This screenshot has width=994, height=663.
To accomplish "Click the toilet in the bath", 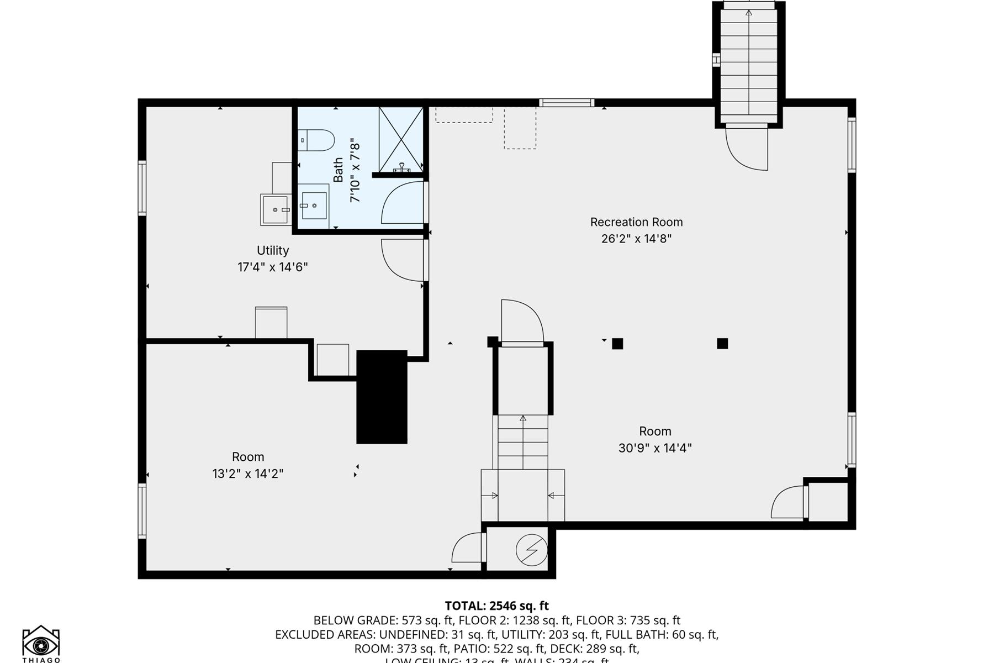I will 316,140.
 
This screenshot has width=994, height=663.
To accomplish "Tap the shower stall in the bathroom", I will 401,139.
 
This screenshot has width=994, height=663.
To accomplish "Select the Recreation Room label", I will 636,222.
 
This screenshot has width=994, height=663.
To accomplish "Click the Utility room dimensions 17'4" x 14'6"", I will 272,267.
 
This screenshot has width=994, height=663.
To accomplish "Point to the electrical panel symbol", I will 531,550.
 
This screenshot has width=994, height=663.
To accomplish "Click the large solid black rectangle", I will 382,397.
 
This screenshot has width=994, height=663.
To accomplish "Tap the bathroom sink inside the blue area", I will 314,206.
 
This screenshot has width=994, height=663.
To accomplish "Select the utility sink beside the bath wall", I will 275,210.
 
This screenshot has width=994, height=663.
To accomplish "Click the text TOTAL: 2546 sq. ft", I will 496,606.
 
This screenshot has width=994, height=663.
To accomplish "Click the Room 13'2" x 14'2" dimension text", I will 247,473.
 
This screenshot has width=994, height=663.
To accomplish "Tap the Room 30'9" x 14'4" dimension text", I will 655,448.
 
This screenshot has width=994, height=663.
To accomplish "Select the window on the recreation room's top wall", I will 567,103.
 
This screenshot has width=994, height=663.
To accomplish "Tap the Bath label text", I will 338,170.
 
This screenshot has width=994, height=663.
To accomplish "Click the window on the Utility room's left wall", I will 142,188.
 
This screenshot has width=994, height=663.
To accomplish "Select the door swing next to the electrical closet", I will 467,548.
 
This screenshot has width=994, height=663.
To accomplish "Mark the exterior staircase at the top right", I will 748,61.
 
